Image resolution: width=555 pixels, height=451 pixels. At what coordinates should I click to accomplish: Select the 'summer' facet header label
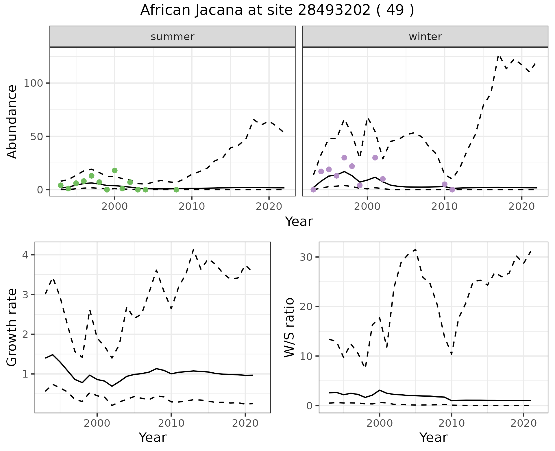pos(173,37)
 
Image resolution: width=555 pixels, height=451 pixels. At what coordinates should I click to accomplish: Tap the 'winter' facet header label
pos(425,37)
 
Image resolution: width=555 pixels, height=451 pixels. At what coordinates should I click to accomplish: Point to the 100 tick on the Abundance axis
pos(33,83)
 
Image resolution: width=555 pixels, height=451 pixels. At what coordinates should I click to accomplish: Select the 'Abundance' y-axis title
pos(12,121)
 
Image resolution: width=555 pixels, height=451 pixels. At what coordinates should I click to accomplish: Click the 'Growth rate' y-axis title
pos(12,328)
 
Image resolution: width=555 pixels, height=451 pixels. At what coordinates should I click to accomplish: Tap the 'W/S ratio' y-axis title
pos(289,328)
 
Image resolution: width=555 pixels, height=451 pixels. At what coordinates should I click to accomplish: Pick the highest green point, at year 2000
pos(115,171)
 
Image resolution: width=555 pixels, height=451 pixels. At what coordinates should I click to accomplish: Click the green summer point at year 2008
pos(176,190)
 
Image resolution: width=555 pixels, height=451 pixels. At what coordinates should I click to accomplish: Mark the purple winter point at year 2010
pos(445,184)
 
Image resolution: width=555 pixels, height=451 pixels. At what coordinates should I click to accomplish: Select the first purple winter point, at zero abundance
pos(313,190)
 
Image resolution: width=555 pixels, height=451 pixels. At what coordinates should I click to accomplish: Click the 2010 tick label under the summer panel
pos(192,207)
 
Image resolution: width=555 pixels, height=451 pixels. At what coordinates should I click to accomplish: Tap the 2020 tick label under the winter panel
pos(522,207)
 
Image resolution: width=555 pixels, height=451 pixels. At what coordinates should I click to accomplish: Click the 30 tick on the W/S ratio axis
pos(306,257)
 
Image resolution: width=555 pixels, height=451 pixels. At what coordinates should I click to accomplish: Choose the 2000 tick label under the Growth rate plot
pos(97,424)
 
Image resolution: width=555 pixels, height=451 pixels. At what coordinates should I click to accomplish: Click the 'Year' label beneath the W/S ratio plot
pos(433,437)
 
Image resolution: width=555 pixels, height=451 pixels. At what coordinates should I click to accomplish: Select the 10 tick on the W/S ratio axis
pos(306,356)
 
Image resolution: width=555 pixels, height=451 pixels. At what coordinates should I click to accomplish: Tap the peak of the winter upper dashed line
pos(498,56)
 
